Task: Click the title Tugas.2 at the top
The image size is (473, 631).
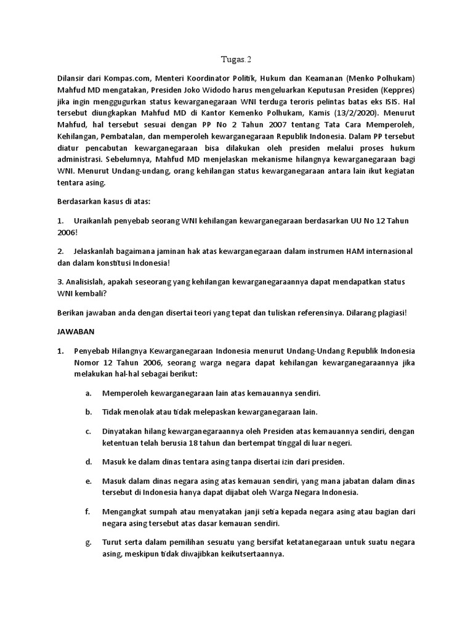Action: [236, 60]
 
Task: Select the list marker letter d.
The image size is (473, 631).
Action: [89, 461]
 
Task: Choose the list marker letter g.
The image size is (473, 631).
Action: [89, 542]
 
